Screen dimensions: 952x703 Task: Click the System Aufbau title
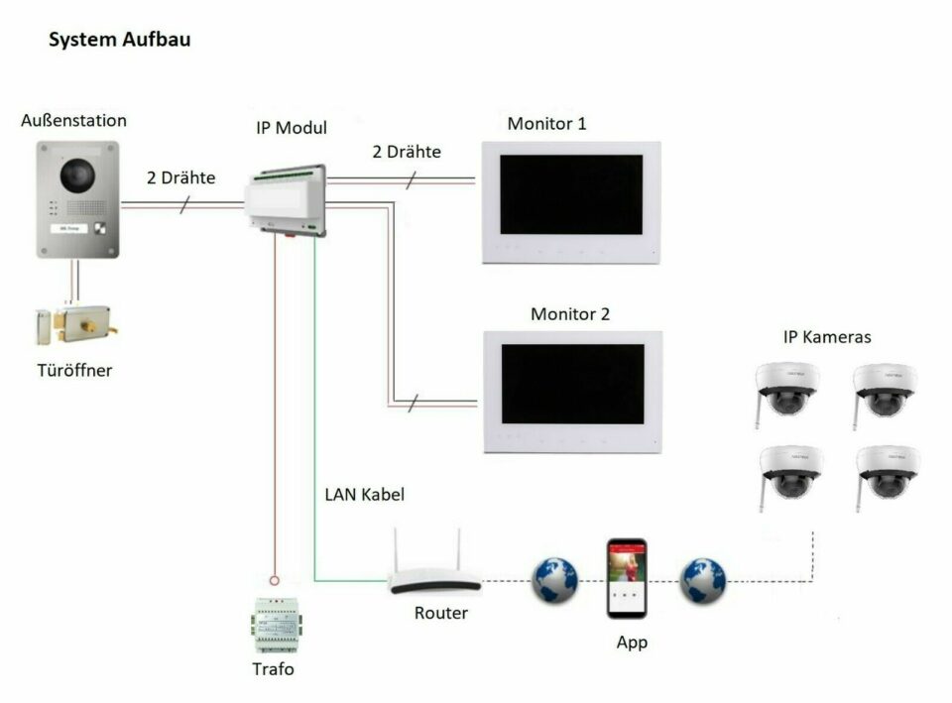tap(120, 40)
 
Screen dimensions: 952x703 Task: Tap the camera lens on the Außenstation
tap(77, 175)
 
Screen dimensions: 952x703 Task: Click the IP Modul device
tap(286, 200)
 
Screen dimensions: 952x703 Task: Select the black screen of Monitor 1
tap(571, 194)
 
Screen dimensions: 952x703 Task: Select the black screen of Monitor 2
tap(572, 384)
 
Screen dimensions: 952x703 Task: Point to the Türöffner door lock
tap(76, 325)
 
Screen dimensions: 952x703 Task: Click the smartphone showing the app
tap(627, 578)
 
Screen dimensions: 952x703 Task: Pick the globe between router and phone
tap(555, 580)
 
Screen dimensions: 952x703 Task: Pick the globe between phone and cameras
tap(702, 581)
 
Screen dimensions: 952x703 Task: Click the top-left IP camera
tap(786, 392)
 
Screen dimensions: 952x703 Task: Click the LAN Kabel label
tap(364, 495)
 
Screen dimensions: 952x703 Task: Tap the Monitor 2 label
tap(570, 314)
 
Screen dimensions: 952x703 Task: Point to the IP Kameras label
tap(827, 337)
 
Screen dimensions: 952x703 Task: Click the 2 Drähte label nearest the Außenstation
tap(180, 177)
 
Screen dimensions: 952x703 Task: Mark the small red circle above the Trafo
tap(275, 580)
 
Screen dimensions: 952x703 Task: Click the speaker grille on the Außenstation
tap(85, 208)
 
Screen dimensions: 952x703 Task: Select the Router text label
tap(440, 613)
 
